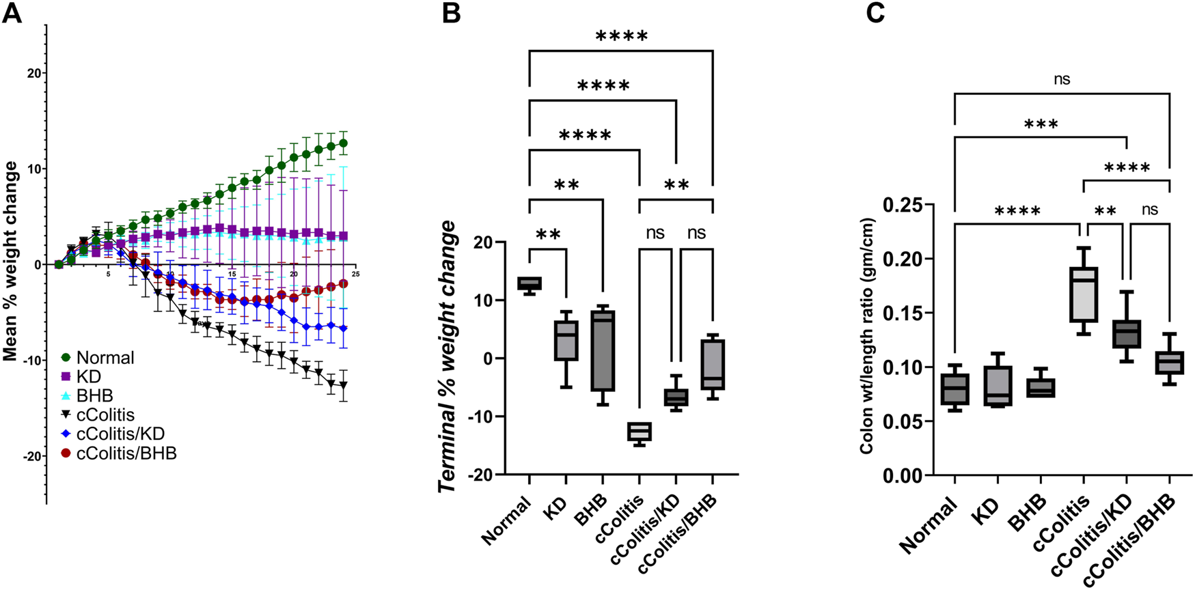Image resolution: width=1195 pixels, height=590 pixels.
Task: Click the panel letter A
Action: (x=12, y=13)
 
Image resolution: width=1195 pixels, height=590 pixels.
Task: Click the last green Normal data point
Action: (x=343, y=143)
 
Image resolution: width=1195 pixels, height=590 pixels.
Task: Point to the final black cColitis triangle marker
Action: (x=343, y=385)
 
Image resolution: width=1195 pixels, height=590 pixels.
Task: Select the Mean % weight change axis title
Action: (x=10, y=262)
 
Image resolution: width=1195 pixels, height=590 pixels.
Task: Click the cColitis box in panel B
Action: (x=640, y=432)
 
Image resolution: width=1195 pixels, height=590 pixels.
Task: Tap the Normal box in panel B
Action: (x=530, y=283)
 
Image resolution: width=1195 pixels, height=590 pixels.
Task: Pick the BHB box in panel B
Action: (x=603, y=352)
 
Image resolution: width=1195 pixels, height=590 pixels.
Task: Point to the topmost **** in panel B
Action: (x=621, y=36)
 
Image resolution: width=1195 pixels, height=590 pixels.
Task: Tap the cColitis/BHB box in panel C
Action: (x=1170, y=362)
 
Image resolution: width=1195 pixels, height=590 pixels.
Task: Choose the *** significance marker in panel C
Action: (x=1041, y=125)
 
